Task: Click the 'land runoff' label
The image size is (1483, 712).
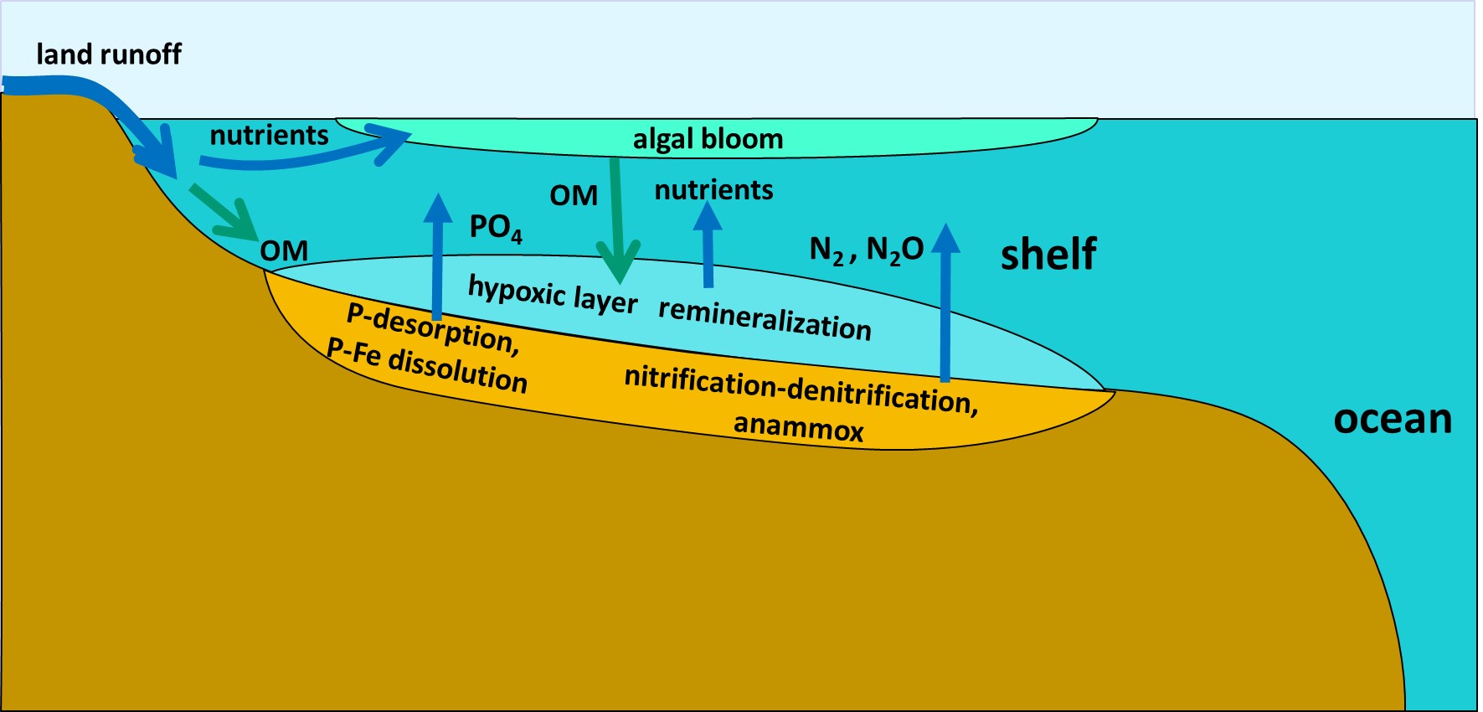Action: point(109,54)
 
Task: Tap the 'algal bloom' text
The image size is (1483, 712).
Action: point(708,139)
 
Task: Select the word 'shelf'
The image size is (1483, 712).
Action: point(1048,254)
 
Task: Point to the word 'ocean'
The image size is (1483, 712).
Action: point(1392,419)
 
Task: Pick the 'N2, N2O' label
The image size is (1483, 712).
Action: point(866,250)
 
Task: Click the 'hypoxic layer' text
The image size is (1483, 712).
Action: point(553,293)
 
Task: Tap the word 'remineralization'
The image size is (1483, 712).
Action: point(765,320)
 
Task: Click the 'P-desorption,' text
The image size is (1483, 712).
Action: point(433,328)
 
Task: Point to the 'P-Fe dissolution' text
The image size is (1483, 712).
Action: point(427,367)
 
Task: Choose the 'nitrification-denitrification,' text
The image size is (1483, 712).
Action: point(801,390)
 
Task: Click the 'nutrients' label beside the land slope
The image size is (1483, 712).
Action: point(269,135)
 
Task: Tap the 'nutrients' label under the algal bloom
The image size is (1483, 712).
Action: point(713,190)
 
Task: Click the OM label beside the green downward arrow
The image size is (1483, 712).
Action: point(574,195)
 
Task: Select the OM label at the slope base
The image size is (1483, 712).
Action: point(284,250)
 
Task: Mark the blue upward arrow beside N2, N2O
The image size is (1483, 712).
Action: point(945,302)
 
